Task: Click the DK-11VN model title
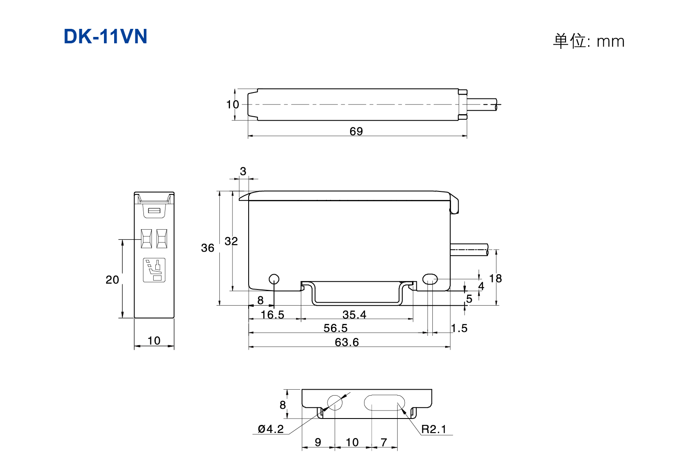point(105,37)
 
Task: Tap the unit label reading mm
point(611,42)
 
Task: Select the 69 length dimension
point(356,131)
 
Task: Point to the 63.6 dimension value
point(347,342)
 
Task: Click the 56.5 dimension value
point(335,328)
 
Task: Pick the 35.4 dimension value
point(354,315)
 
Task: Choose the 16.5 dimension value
point(272,315)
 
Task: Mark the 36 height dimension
point(207,248)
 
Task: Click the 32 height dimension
point(231,242)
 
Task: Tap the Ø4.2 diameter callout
point(271,429)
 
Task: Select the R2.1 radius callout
point(434,429)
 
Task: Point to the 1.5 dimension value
point(459,328)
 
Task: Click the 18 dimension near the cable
point(495,278)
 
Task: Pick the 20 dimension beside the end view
point(112,280)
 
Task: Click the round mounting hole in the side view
point(274,279)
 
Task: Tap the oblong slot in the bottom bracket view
point(384,403)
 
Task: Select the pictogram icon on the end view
point(154,270)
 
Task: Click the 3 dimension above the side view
point(243,171)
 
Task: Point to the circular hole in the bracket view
point(335,403)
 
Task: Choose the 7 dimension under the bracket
point(384,442)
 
